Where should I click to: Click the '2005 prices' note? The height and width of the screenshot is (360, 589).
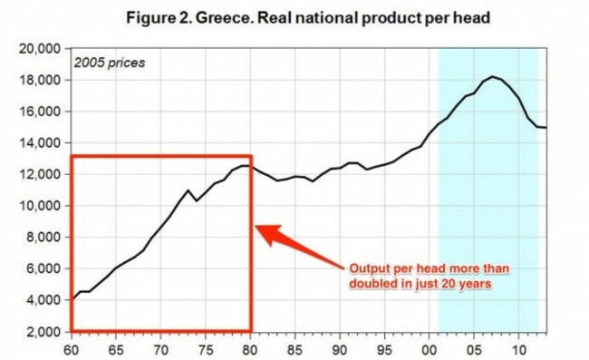(108, 63)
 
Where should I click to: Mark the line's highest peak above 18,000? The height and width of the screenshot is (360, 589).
(492, 76)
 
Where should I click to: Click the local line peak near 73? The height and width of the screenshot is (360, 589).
(188, 190)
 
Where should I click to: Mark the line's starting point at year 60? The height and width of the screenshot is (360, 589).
(72, 299)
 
